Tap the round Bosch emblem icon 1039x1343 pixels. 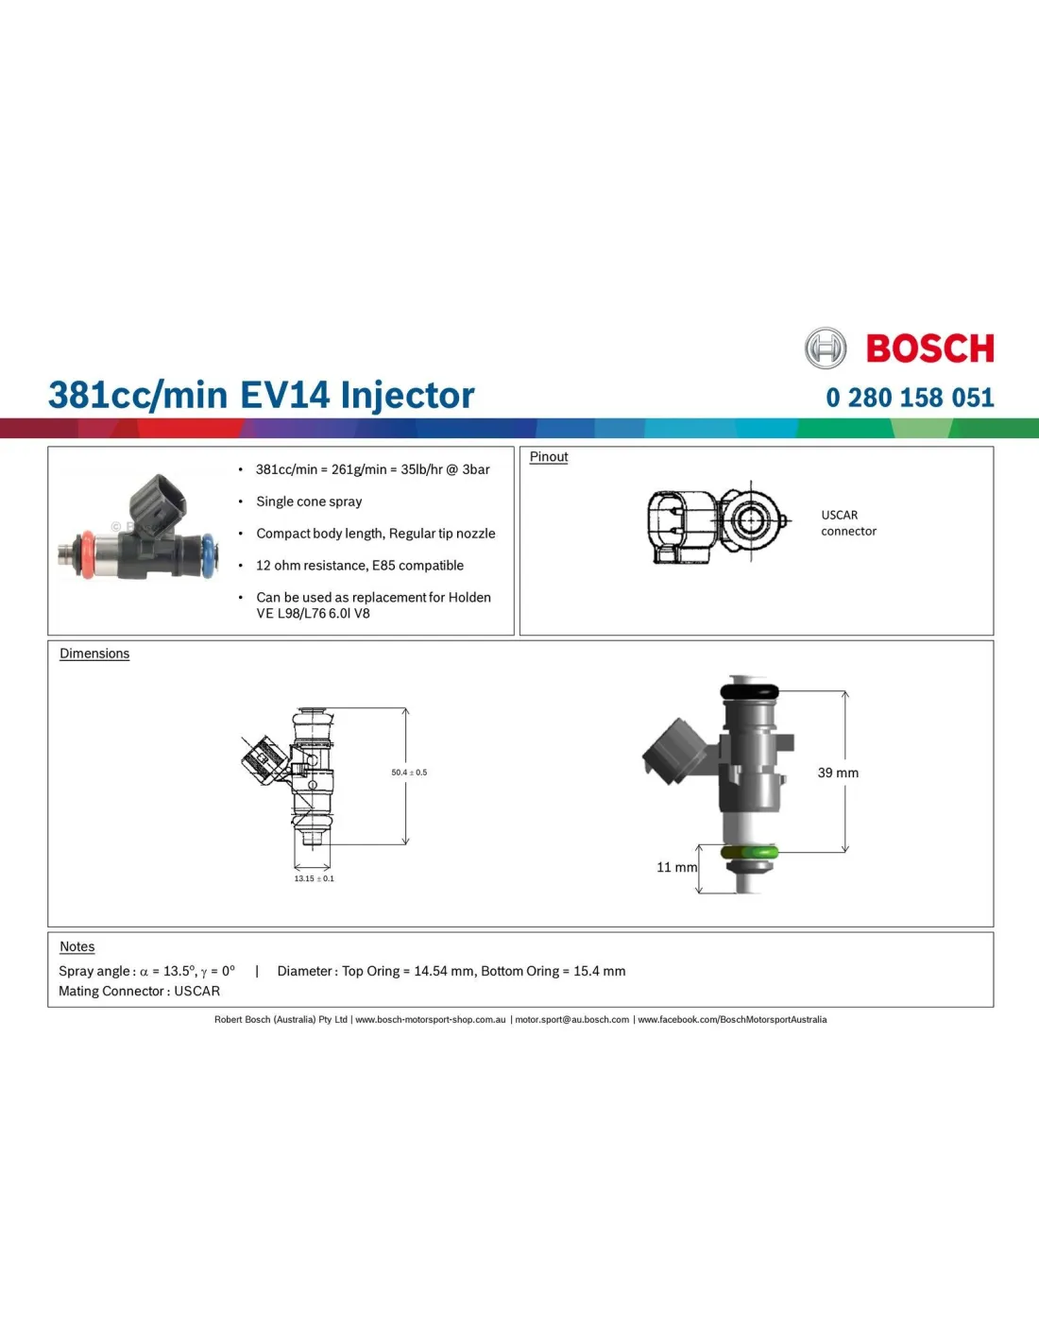[x=826, y=348]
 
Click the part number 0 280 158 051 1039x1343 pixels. [x=910, y=398]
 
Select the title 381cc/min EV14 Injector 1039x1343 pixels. [x=262, y=395]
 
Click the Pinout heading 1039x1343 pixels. [x=548, y=457]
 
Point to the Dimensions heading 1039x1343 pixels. [x=94, y=654]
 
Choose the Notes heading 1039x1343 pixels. [x=77, y=946]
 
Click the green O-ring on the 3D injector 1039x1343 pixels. [x=748, y=853]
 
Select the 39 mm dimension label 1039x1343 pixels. [x=838, y=773]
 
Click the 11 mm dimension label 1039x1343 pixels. [x=676, y=867]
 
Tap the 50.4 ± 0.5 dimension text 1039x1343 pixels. [x=409, y=772]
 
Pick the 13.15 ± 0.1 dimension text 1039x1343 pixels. [x=314, y=878]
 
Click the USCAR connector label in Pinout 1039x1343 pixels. [x=848, y=523]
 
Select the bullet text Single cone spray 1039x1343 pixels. [x=309, y=501]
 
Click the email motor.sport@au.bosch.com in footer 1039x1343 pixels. [x=571, y=1019]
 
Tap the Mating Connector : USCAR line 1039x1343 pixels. [x=139, y=991]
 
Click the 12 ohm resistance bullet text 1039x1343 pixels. [x=360, y=566]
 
